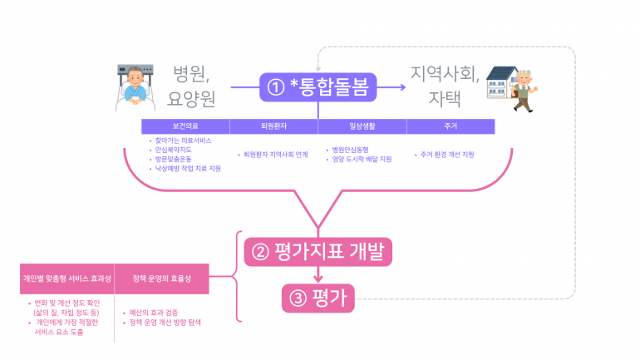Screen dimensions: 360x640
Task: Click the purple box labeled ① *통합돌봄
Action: tap(319, 85)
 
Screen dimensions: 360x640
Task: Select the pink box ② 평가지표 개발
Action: tap(318, 250)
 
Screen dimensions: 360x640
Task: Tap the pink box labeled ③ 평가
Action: tap(318, 298)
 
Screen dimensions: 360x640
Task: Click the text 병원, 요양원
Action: tap(191, 86)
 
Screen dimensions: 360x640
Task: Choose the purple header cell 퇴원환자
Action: tap(273, 126)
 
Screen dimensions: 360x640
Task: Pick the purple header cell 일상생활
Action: tap(362, 126)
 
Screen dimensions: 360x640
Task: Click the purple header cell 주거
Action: tap(450, 126)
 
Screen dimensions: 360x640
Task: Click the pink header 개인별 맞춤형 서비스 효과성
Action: tap(66, 279)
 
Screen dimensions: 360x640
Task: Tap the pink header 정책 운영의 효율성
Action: tap(161, 279)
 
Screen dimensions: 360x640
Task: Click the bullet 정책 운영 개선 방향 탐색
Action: tap(165, 322)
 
